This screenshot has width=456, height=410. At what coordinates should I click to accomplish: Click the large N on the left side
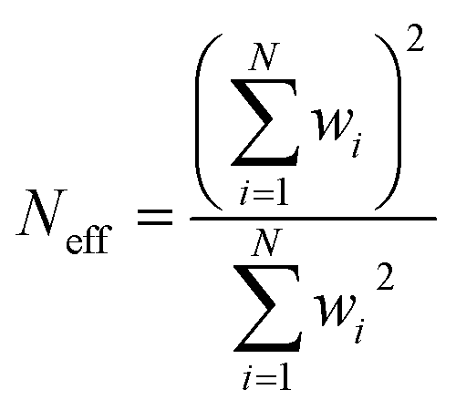pyautogui.click(x=42, y=212)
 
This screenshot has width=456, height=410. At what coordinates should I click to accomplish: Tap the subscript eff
pyautogui.click(x=88, y=239)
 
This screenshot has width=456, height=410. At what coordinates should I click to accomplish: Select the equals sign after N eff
pyautogui.click(x=155, y=217)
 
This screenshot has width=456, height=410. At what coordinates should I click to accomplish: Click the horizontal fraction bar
pyautogui.click(x=313, y=218)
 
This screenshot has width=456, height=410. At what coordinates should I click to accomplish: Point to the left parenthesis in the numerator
pyautogui.click(x=208, y=121)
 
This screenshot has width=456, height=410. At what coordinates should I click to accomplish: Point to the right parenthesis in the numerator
pyautogui.click(x=389, y=121)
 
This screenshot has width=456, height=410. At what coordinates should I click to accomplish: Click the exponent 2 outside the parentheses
pyautogui.click(x=415, y=38)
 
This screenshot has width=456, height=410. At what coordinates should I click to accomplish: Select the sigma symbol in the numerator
pyautogui.click(x=264, y=123)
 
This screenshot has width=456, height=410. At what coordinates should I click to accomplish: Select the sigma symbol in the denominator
pyautogui.click(x=267, y=309)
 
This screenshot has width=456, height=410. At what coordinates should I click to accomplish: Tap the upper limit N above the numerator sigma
pyautogui.click(x=264, y=56)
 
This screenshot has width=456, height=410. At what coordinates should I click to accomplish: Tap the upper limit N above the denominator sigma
pyautogui.click(x=267, y=242)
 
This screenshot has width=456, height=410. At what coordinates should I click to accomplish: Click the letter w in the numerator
pyautogui.click(x=332, y=125)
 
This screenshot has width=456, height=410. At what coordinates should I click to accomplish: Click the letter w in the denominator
pyautogui.click(x=335, y=311)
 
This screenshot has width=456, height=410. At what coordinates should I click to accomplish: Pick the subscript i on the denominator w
pyautogui.click(x=359, y=331)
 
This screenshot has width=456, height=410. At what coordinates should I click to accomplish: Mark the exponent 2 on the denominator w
pyautogui.click(x=385, y=276)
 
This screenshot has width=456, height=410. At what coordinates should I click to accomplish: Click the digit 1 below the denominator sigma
pyautogui.click(x=284, y=378)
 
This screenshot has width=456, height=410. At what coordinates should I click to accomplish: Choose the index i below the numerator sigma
pyautogui.click(x=244, y=194)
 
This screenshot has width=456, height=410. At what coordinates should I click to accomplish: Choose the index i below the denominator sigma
pyautogui.click(x=247, y=378)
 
